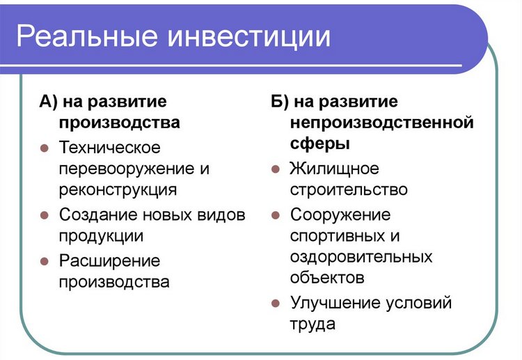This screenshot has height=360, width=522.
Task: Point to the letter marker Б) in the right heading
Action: pos(279,102)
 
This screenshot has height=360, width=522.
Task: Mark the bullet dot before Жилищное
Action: pos(275,169)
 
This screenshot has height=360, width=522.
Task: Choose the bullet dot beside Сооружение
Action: pos(275,215)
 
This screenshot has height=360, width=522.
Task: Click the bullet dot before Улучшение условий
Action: pos(275,304)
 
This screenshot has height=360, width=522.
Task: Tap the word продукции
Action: pos(102,235)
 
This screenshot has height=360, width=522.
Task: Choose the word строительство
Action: pos(349,189)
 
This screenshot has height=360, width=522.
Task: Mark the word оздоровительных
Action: pos(361,256)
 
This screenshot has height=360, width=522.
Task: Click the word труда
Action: pos(313,324)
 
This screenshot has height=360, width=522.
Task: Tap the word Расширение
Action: pos(110,261)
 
